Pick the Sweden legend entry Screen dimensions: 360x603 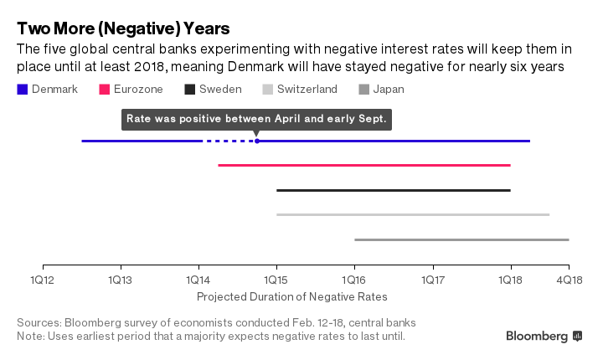point(213,90)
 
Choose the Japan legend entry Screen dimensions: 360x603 point(386,90)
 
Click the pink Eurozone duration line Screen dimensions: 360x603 point(364,166)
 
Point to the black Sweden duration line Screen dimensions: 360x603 point(394,190)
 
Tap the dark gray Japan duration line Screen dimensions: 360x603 point(461,239)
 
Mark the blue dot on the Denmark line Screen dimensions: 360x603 point(256,141)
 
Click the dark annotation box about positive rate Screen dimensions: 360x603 point(256,119)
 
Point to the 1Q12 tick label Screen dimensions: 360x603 point(42,279)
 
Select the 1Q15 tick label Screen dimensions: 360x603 point(276,279)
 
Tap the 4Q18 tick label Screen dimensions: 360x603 point(569,279)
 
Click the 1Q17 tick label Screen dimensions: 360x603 point(433,279)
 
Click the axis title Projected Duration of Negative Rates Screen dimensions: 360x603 point(292,296)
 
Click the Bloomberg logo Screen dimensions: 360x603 point(544,336)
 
